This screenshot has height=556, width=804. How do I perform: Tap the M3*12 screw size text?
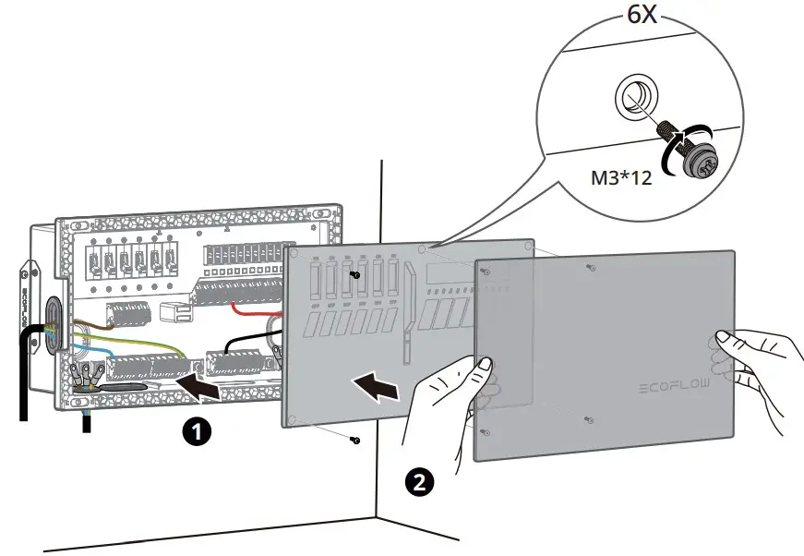tap(621, 177)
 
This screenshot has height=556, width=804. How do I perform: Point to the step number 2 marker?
tap(418, 481)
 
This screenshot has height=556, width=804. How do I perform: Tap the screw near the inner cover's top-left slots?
tap(355, 274)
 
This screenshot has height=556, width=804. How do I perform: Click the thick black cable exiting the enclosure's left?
tap(26, 369)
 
